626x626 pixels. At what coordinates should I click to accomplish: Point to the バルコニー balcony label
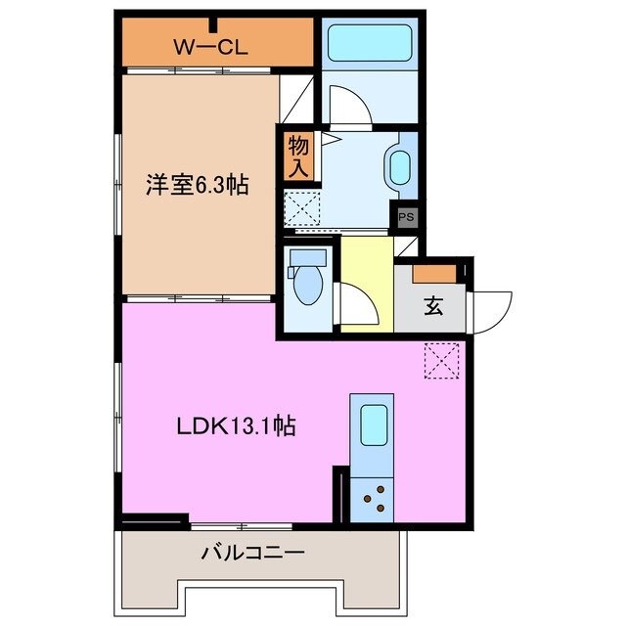[253, 554]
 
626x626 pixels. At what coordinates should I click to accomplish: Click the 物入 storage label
[297, 156]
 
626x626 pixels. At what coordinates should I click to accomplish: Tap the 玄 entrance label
[432, 305]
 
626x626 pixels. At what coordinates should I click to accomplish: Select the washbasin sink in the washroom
[400, 168]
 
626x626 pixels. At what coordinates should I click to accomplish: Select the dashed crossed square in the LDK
[441, 361]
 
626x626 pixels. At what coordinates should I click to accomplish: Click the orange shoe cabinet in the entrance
[433, 274]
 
